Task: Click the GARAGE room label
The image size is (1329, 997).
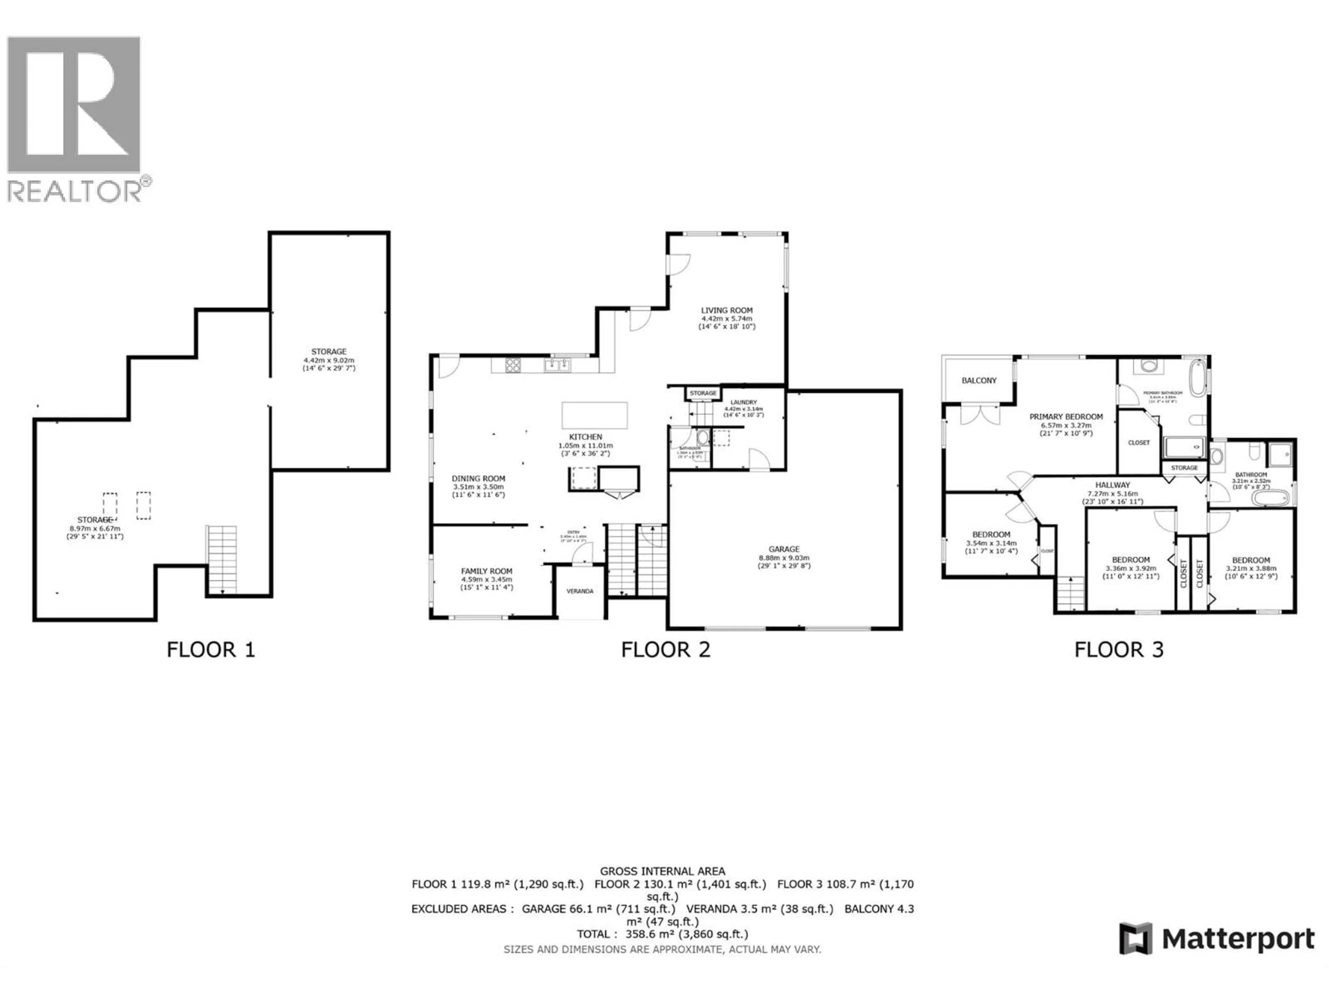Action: (x=784, y=549)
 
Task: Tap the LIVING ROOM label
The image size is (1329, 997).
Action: (x=726, y=310)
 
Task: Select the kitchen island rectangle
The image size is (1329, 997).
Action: (x=594, y=415)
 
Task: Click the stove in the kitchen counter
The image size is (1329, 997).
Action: (x=513, y=365)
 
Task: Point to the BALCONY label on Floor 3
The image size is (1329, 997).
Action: (x=979, y=380)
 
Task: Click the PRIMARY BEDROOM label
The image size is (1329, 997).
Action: (x=1066, y=416)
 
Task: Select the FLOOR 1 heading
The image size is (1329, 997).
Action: (x=210, y=650)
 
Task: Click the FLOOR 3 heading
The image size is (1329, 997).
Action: (x=1119, y=650)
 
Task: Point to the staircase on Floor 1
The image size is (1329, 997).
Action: (x=222, y=559)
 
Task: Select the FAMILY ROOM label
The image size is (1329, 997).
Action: (x=487, y=571)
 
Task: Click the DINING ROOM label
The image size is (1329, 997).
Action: (x=478, y=478)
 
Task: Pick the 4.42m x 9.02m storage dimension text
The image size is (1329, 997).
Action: (x=329, y=360)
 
